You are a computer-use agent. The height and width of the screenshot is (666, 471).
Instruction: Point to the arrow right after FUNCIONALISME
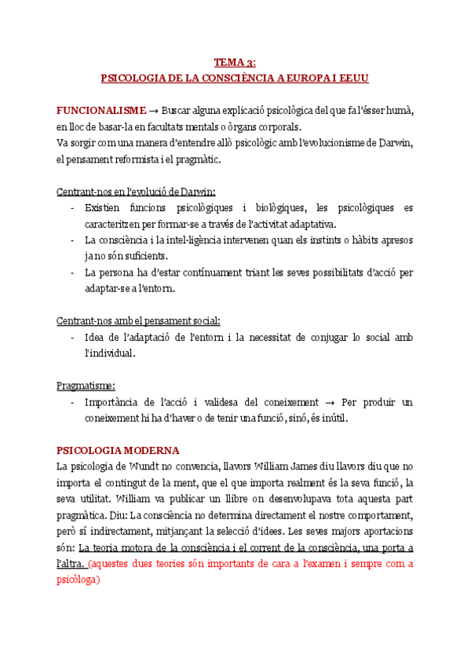click(x=154, y=109)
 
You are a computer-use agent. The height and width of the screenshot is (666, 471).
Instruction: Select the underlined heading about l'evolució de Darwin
click(x=137, y=192)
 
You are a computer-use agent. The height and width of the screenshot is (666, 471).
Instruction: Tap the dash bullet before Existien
click(x=72, y=208)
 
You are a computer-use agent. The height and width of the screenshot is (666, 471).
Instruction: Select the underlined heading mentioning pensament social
click(x=139, y=320)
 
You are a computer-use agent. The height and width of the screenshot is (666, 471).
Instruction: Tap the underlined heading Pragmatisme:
click(x=86, y=386)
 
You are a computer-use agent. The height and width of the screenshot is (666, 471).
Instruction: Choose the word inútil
click(x=330, y=419)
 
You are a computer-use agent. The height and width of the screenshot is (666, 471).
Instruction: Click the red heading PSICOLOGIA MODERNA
click(x=119, y=450)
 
